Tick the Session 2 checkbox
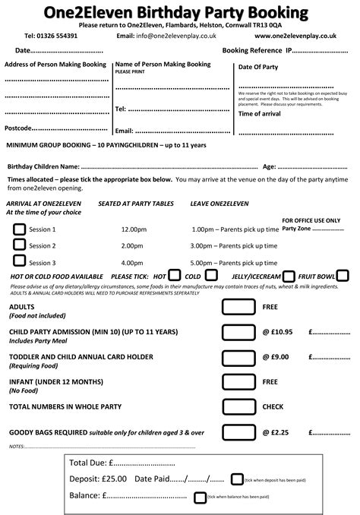[19, 245]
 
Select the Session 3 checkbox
[19, 262]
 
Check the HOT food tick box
[174, 276]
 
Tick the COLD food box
[212, 276]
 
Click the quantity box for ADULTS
[237, 308]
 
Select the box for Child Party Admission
[237, 333]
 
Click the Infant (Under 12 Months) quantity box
[237, 383]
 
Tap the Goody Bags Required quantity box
[237, 432]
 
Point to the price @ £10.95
[277, 333]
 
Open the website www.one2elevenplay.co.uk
[295, 36]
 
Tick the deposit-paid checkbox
[237, 479]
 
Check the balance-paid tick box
[201, 497]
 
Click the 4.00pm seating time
[133, 263]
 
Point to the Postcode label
[17, 128]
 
